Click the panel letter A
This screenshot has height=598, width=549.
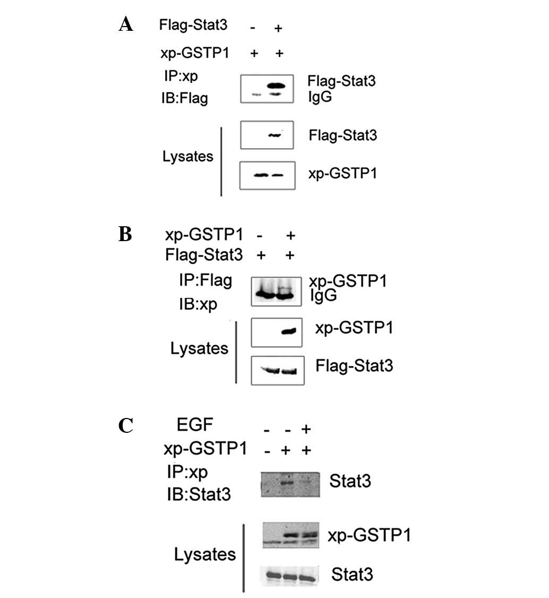click(x=126, y=24)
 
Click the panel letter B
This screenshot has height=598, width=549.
click(x=125, y=235)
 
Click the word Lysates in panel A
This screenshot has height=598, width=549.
click(x=188, y=157)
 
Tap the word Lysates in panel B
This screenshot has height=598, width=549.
click(x=199, y=348)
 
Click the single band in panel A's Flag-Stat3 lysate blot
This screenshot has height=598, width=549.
click(x=274, y=135)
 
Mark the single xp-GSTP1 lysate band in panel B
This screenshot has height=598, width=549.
click(x=288, y=331)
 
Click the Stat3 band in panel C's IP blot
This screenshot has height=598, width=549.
click(x=288, y=483)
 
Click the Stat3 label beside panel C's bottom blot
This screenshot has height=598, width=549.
click(x=351, y=574)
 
